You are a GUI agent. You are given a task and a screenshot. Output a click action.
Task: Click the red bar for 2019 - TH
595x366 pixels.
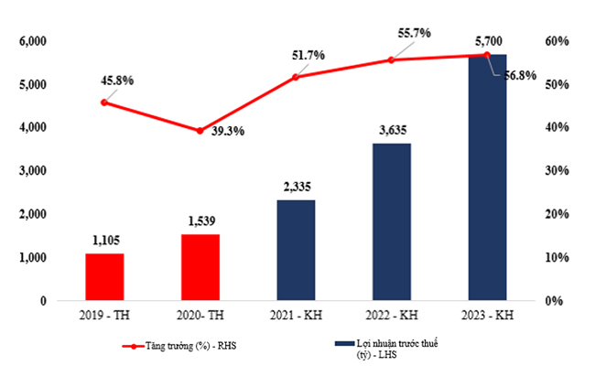104,276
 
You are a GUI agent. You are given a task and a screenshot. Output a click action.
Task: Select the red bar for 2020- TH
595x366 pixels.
200,267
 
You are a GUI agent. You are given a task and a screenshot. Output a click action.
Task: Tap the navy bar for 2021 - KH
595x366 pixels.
296,250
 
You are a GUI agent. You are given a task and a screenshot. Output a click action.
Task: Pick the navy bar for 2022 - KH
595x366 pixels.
391,221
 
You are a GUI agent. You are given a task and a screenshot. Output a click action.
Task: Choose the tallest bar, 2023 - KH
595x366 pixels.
487,178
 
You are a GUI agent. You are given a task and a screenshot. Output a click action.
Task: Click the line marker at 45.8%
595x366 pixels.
104,102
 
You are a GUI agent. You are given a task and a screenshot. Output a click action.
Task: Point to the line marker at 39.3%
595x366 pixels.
200,131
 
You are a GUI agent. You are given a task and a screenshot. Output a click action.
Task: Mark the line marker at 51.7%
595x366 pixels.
296,77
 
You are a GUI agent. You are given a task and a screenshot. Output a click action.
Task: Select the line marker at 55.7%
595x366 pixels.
391,59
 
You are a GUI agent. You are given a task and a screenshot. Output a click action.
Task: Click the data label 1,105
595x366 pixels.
104,241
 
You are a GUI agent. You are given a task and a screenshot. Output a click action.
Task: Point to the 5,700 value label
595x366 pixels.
487,41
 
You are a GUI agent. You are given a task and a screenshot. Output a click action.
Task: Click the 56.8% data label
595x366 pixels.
519,75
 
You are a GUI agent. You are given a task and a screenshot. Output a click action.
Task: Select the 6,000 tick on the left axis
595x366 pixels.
32,41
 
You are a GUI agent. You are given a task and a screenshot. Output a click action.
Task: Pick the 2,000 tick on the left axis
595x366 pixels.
32,214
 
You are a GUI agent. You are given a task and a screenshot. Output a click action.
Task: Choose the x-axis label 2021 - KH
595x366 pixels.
296,316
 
